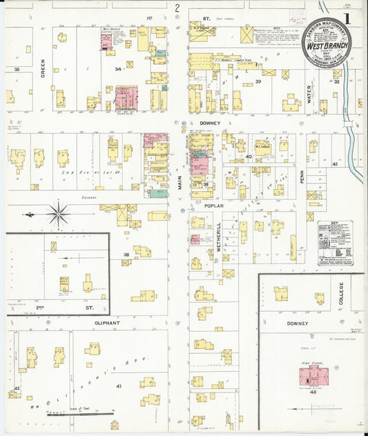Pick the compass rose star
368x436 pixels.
[58, 213]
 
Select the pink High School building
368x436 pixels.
[314, 377]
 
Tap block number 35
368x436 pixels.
[17, 70]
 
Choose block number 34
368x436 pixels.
[118, 70]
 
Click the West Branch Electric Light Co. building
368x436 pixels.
[107, 41]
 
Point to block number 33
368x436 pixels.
[258, 82]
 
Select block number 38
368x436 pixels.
[126, 255]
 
